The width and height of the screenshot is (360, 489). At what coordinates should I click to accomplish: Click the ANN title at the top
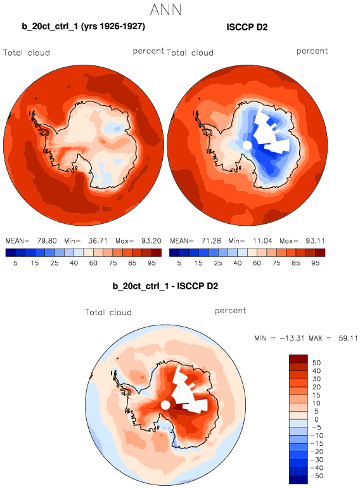pyautogui.click(x=165, y=10)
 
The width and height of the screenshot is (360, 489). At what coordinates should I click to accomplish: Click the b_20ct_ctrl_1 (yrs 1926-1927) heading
pyautogui.click(x=83, y=26)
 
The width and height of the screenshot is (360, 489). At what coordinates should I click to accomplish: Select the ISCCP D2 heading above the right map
pyautogui.click(x=247, y=27)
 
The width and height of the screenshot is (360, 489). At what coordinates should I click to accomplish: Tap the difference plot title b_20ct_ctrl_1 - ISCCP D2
pyautogui.click(x=165, y=286)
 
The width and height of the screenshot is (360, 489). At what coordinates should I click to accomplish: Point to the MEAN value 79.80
pyautogui.click(x=47, y=241)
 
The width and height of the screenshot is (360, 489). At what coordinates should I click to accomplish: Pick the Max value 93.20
pyautogui.click(x=151, y=241)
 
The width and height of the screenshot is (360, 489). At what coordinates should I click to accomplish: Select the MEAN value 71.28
pyautogui.click(x=211, y=241)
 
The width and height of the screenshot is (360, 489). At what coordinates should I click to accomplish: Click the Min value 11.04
pyautogui.click(x=262, y=241)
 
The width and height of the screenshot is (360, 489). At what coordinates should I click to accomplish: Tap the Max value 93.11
pyautogui.click(x=315, y=241)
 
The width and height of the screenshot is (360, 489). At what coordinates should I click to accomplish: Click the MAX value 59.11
pyautogui.click(x=348, y=338)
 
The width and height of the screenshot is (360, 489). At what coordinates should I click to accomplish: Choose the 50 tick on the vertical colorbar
pyautogui.click(x=316, y=363)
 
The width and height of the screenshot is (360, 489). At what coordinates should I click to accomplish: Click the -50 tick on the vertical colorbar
pyautogui.click(x=317, y=476)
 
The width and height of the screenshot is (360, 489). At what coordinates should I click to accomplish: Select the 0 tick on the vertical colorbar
pyautogui.click(x=316, y=419)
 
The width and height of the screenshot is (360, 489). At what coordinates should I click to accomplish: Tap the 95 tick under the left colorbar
pyautogui.click(x=151, y=263)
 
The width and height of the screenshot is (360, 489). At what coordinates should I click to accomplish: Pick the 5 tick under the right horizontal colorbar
pyautogui.click(x=179, y=263)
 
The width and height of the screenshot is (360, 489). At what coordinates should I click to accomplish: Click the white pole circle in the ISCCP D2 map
pyautogui.click(x=247, y=145)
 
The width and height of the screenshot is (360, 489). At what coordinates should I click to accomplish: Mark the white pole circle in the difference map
pyautogui.click(x=165, y=405)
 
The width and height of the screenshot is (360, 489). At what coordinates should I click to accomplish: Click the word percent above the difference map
pyautogui.click(x=230, y=311)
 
